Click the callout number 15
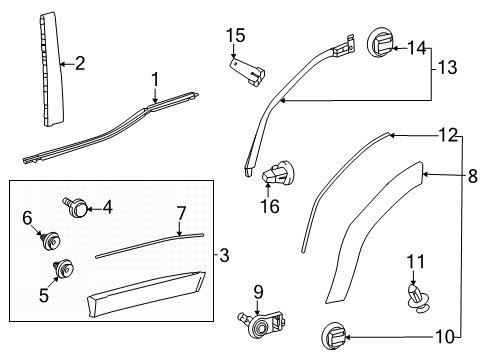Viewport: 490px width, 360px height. (x=236, y=36)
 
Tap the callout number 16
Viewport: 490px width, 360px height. (x=270, y=206)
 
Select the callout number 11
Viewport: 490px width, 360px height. (x=416, y=261)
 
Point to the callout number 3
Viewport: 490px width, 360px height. (x=225, y=255)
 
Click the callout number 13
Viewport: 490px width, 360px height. (x=447, y=67)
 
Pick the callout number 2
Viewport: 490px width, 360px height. (x=80, y=63)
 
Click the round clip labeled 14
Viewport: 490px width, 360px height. (x=381, y=43)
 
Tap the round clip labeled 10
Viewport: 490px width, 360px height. (x=334, y=336)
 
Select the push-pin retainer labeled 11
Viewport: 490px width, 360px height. (x=418, y=297)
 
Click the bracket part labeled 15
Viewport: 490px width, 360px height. (x=247, y=71)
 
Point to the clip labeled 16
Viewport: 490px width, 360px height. (x=278, y=172)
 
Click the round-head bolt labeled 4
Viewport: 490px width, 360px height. (x=76, y=207)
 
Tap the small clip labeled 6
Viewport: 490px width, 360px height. (x=51, y=241)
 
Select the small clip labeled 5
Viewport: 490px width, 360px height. (x=63, y=268)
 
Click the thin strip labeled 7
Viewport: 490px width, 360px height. (x=149, y=245)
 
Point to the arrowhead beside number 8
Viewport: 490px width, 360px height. (x=426, y=174)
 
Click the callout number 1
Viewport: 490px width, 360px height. (x=155, y=80)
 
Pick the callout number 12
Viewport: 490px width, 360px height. (x=448, y=135)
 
